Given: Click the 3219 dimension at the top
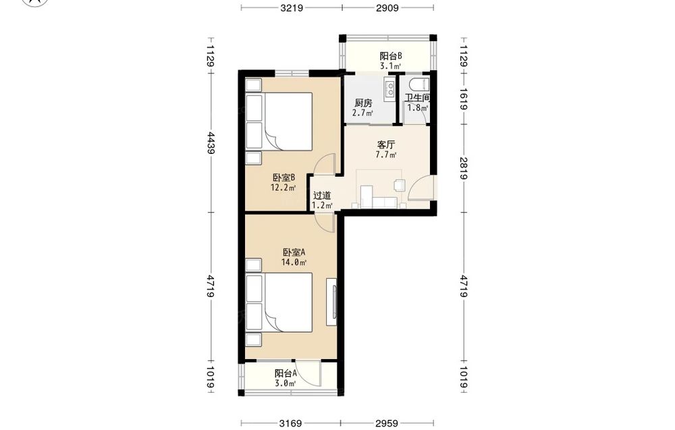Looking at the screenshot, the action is click(x=292, y=7).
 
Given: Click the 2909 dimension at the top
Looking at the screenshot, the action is click(x=387, y=7).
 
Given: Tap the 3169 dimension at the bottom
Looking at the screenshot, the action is click(x=290, y=423).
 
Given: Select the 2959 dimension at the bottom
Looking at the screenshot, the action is click(x=387, y=423).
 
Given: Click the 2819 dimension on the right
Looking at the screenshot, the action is click(x=464, y=168).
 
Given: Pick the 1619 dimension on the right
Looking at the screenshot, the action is click(x=464, y=99).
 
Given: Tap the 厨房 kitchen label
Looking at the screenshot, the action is click(x=363, y=103).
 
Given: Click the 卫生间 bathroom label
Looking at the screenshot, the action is click(x=417, y=98).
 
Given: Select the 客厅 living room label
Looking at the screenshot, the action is click(x=385, y=144).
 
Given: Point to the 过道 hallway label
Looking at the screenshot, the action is click(x=322, y=195).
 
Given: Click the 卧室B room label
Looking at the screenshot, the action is click(x=283, y=178).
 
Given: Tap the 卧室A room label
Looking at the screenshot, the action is click(x=294, y=252).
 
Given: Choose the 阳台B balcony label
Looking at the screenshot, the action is click(x=391, y=56).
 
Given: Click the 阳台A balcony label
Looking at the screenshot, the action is click(x=286, y=373).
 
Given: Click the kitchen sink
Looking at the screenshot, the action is click(x=390, y=90).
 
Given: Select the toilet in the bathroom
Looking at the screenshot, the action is click(x=419, y=85).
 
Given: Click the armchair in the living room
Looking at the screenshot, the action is click(x=399, y=185).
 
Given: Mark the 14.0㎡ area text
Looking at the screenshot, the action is click(x=294, y=262).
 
